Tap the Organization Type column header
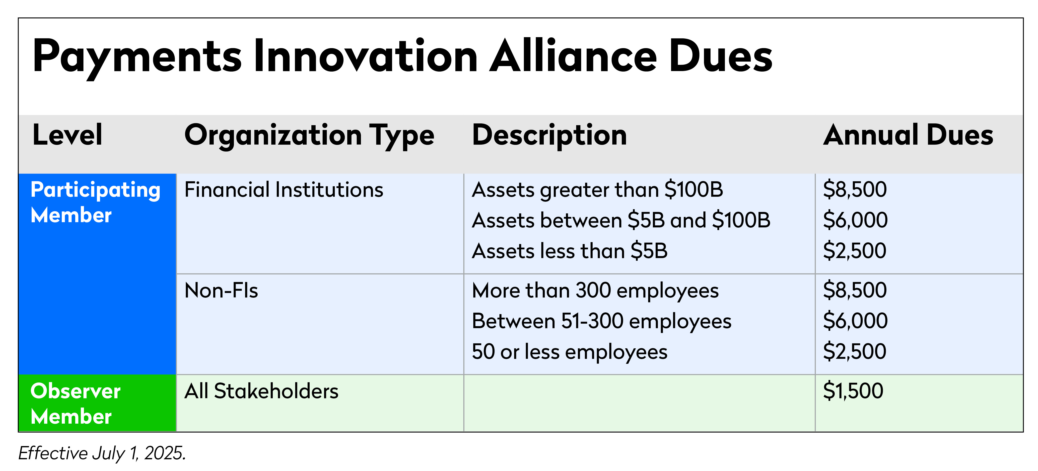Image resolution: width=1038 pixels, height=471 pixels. pos(309,135)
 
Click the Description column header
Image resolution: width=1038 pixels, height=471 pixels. pos(549,135)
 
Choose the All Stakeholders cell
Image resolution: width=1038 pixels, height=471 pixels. pos(261,391)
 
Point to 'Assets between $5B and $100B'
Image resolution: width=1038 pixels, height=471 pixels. pos(621,220)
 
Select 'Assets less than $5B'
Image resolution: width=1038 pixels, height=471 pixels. pos(569,251)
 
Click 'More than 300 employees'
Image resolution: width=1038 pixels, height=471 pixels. pos(595,290)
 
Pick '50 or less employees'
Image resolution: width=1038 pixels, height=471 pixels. pos(569,352)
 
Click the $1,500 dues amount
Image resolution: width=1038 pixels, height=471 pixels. pos(853,391)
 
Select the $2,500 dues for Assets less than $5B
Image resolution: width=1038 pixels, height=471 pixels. pos(855,251)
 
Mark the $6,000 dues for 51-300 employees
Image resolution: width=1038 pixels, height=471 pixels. pos(855,321)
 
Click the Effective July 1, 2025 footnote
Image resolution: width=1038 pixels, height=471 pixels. pos(102,453)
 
